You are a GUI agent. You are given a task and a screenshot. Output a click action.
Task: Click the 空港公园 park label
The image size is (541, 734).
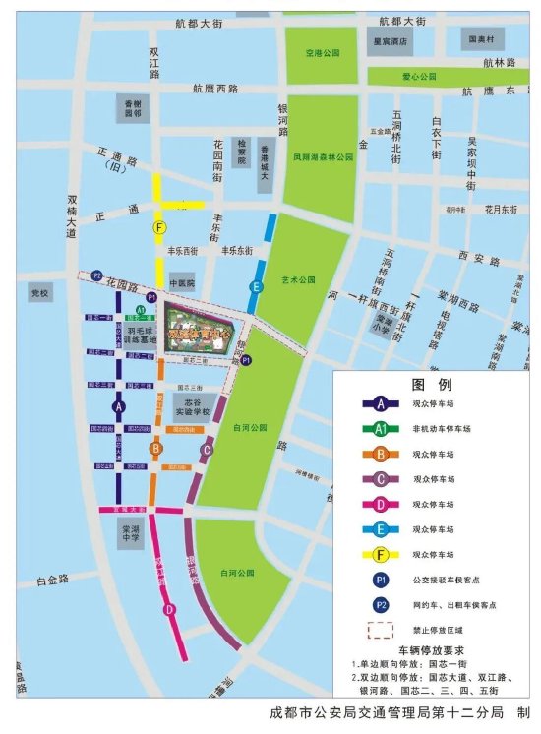(x=322, y=52)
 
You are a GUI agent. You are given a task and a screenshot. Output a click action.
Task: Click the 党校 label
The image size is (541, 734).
(x=39, y=293)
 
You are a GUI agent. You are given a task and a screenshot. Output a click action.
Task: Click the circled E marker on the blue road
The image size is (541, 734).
(x=256, y=286)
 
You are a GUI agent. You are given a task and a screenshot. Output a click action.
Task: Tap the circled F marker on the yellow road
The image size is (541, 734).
(x=158, y=227)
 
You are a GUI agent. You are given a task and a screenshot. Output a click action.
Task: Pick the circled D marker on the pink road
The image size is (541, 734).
(x=169, y=609)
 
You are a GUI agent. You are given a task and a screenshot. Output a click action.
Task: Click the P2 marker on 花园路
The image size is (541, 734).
(x=97, y=275)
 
